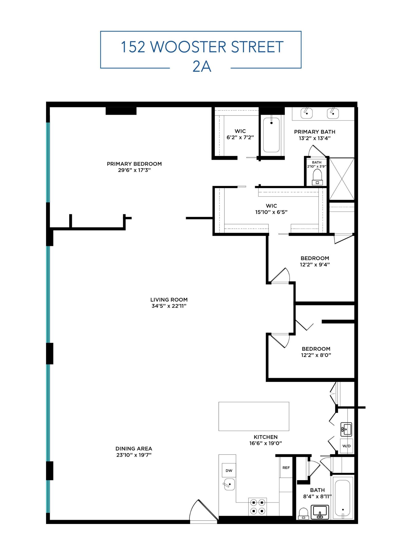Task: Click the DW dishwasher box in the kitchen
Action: pos(228,470)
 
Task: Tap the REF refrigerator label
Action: pos(286,468)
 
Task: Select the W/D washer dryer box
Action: pos(346,446)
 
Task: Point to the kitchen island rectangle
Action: pos(253,417)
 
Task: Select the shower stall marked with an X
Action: pos(341,179)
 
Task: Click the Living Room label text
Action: pos(169,300)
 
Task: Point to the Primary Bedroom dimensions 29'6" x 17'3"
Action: pos(134,170)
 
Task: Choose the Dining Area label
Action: pos(133,449)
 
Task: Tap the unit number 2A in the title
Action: pos(201,67)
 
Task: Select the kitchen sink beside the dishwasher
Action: pos(229,484)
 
